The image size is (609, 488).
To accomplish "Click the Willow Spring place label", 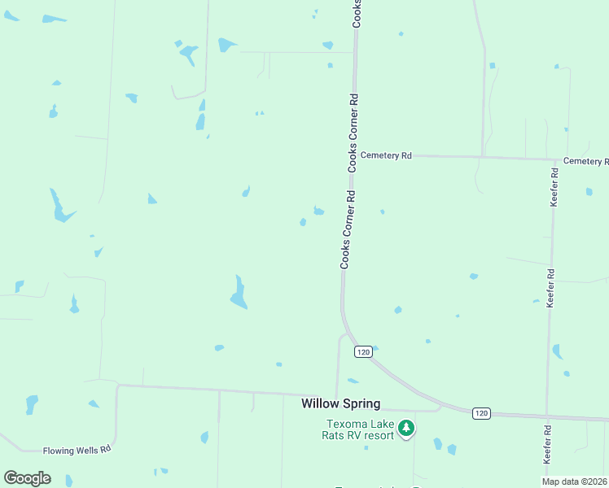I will [340, 403].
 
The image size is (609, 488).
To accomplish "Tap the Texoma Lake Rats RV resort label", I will [360, 429].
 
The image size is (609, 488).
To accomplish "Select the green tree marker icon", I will [406, 427].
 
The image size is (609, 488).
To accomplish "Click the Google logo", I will [27, 478].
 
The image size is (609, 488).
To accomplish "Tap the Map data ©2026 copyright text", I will [574, 481].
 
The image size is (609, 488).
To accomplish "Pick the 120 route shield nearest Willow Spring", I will [363, 351].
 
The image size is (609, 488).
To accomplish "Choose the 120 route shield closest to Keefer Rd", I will [481, 413].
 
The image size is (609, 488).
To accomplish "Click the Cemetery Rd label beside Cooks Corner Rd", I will [386, 155].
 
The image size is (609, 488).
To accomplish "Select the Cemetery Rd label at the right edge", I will [585, 161].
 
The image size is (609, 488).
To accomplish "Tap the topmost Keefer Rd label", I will [554, 187].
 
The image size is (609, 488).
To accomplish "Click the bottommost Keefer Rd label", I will [547, 446].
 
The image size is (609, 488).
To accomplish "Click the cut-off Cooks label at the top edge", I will [357, 14].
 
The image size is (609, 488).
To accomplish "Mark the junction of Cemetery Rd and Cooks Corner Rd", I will [354, 155].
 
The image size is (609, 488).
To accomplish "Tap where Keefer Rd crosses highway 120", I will [548, 417].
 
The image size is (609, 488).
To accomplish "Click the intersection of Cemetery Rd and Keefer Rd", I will [555, 159].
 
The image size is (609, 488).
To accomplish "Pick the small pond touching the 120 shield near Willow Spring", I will [375, 348].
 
